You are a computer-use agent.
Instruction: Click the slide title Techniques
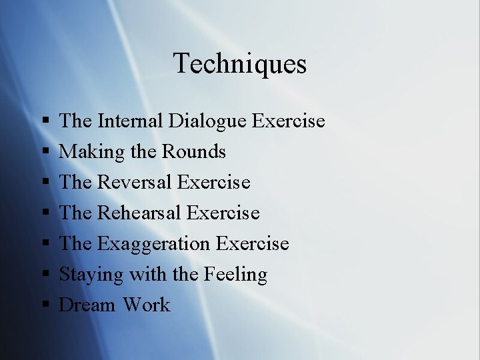[x=240, y=64]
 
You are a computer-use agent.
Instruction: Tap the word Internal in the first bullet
[x=130, y=121]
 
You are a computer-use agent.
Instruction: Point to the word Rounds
[x=194, y=152]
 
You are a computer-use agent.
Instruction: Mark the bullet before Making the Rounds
[x=45, y=153]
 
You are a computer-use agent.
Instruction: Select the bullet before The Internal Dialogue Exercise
[x=45, y=122]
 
